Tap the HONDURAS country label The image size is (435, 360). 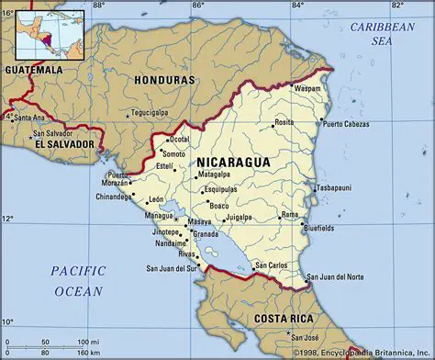pos(164,80)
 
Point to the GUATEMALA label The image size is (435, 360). pos(33,69)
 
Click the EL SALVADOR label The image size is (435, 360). pos(63,144)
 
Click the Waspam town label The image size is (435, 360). pos(307,89)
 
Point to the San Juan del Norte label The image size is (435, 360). pos(334,276)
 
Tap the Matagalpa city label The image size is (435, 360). pos(215,174)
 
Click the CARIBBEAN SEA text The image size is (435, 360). pos(381,34)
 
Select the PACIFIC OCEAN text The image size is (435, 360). pos(78,280)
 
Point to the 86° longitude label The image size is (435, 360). pos(197,6)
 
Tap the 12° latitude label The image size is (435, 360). pos(8,218)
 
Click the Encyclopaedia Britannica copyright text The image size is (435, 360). pos(363,353)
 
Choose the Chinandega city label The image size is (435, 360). pos(114,197)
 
